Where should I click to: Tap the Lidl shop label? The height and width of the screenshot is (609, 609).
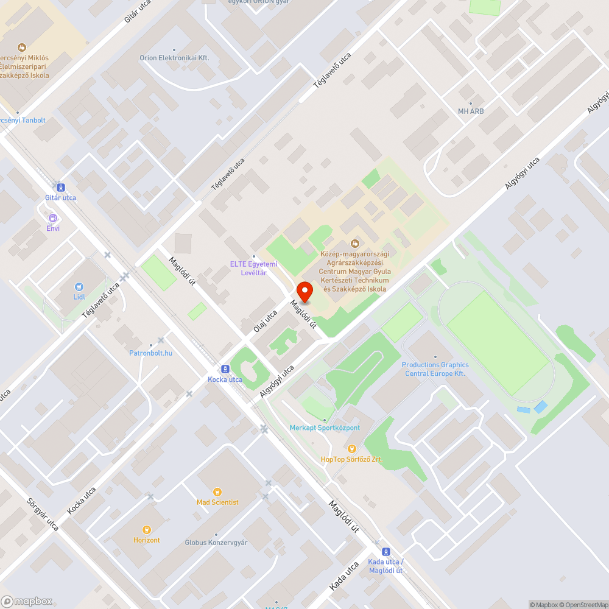pyautogui.click(x=79, y=297)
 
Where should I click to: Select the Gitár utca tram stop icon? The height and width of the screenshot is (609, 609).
pyautogui.click(x=60, y=187)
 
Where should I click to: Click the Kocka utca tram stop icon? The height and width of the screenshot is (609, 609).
pyautogui.click(x=225, y=369)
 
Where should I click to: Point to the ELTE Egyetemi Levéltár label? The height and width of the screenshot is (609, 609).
pyautogui.click(x=253, y=268)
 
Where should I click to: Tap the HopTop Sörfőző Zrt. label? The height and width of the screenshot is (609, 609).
pyautogui.click(x=352, y=459)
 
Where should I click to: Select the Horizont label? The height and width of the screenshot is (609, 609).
pyautogui.click(x=147, y=540)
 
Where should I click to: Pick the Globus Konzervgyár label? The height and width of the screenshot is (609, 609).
pyautogui.click(x=216, y=543)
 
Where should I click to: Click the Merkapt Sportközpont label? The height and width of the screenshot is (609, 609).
pyautogui.click(x=325, y=428)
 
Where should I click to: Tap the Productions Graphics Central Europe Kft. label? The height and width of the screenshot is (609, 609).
pyautogui.click(x=435, y=369)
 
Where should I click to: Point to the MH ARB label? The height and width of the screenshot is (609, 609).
pyautogui.click(x=471, y=111)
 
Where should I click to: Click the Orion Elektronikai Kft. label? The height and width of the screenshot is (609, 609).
pyautogui.click(x=174, y=58)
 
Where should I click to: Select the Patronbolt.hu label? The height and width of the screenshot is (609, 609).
pyautogui.click(x=151, y=353)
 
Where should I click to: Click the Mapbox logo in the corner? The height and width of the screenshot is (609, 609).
pyautogui.click(x=27, y=601)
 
